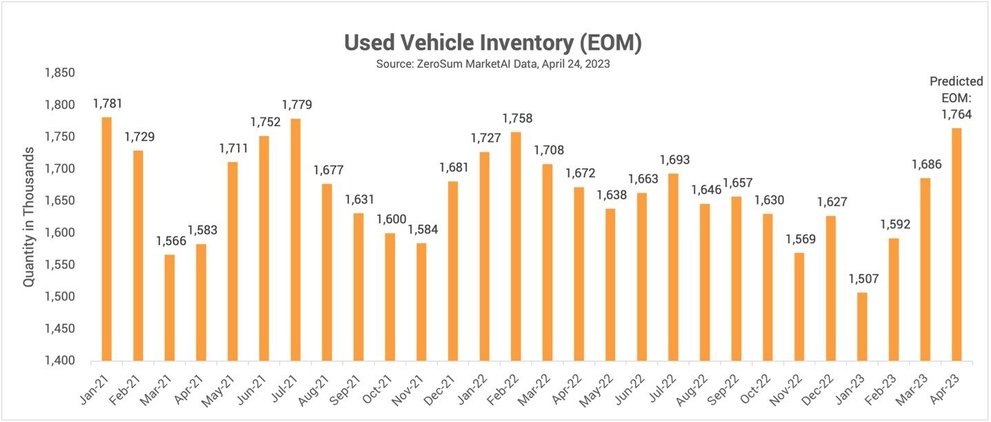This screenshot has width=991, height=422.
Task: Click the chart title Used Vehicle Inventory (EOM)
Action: pyautogui.click(x=493, y=43)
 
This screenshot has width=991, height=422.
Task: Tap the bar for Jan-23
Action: pyautogui.click(x=862, y=327)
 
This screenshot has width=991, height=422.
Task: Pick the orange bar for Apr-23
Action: pyautogui.click(x=957, y=245)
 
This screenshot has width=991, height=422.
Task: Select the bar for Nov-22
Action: pyautogui.click(x=799, y=307)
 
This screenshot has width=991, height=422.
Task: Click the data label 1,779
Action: pyautogui.click(x=297, y=105)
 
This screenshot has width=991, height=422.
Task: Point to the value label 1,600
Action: pyautogui.click(x=390, y=220)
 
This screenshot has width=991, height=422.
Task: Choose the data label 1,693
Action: pyautogui.click(x=673, y=160)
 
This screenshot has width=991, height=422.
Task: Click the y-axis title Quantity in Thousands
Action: pyautogui.click(x=29, y=217)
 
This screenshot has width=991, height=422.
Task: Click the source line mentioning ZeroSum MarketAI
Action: pyautogui.click(x=493, y=64)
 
